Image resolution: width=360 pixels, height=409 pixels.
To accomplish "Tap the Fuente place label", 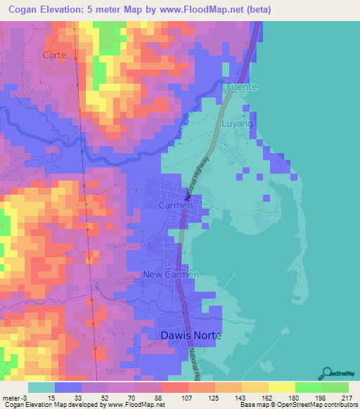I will pyautogui.click(x=242, y=86).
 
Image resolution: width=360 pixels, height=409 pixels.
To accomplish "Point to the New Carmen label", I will pyautogui.click(x=171, y=274).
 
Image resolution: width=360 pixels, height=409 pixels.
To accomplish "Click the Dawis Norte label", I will pyautogui.click(x=191, y=336).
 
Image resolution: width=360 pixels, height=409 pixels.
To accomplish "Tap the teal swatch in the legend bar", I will pyautogui.click(x=41, y=387).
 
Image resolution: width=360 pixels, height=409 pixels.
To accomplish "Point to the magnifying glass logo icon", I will pyautogui.click(x=327, y=372).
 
